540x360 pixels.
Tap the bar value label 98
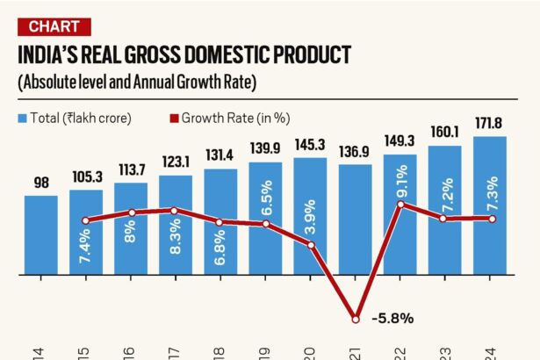coord(40,183)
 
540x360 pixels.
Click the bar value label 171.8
coord(489,124)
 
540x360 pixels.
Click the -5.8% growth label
coord(392,318)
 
